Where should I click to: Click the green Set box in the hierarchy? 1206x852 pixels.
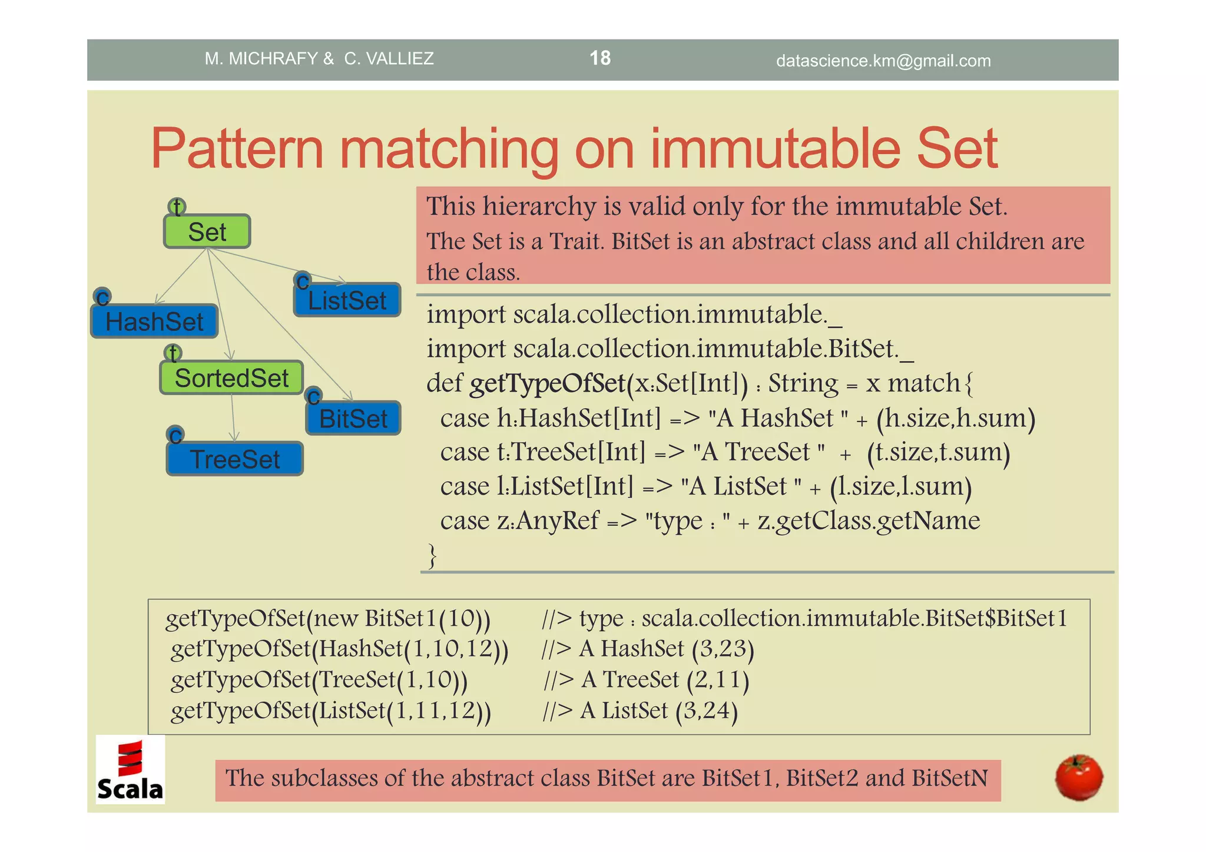coord(207,231)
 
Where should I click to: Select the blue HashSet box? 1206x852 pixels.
coord(154,321)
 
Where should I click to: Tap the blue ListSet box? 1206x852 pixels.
coord(347,300)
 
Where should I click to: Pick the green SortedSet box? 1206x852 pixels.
coord(231,378)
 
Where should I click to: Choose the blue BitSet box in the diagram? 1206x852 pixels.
coord(353,419)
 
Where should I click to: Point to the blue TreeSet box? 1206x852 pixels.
coord(234,459)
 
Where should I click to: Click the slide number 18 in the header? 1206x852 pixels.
coord(600,58)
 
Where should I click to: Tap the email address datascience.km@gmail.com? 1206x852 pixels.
coord(883,61)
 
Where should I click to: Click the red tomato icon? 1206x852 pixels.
coord(1078,777)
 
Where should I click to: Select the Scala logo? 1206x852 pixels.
coord(130,770)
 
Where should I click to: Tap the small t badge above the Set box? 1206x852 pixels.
coord(177,207)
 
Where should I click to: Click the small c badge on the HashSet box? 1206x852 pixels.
coord(102,297)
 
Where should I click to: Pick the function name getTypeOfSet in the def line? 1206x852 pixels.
coord(547,383)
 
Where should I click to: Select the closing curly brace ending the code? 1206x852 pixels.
coord(432,555)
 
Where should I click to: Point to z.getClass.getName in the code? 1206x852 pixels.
coord(869,521)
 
